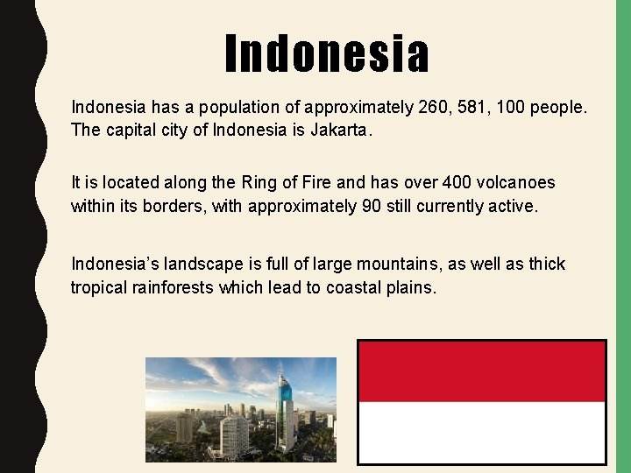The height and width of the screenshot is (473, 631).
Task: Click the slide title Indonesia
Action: click(327, 54)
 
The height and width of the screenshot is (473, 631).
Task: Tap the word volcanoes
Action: click(523, 183)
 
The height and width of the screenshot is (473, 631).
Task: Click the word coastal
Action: click(354, 286)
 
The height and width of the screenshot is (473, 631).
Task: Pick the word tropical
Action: click(103, 286)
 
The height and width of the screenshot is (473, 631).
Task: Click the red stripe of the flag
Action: click(481, 371)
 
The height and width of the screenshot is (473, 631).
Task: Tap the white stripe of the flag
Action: click(481, 432)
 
